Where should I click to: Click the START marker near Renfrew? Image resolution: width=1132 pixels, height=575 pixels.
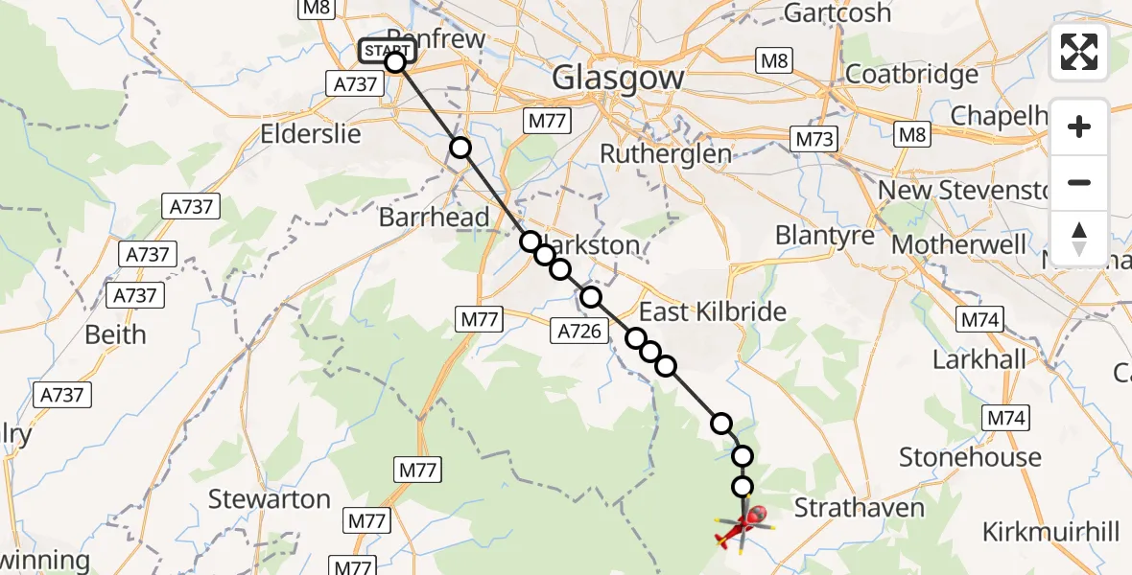click(387, 51)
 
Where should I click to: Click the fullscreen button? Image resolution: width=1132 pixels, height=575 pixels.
click(1079, 52)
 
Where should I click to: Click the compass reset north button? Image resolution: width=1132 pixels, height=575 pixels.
click(1079, 237)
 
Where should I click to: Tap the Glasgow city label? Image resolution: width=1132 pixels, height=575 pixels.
click(618, 78)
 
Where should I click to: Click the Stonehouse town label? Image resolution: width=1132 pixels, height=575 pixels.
click(970, 457)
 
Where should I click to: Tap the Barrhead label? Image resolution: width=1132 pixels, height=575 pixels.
click(434, 218)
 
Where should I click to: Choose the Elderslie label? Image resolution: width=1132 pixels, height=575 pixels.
click(311, 133)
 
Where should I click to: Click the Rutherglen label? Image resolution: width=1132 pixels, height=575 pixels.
click(665, 153)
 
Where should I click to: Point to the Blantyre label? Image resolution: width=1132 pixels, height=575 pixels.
click(824, 235)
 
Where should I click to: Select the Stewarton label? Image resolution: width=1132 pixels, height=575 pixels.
click(270, 499)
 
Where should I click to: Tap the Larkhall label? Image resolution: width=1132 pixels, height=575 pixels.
click(979, 360)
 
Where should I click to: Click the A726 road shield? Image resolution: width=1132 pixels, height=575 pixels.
click(578, 332)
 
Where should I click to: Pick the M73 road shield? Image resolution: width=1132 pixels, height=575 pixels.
click(814, 139)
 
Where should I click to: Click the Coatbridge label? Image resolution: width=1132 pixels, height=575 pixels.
click(911, 74)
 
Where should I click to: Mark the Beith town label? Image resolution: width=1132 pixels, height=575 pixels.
click(115, 334)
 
